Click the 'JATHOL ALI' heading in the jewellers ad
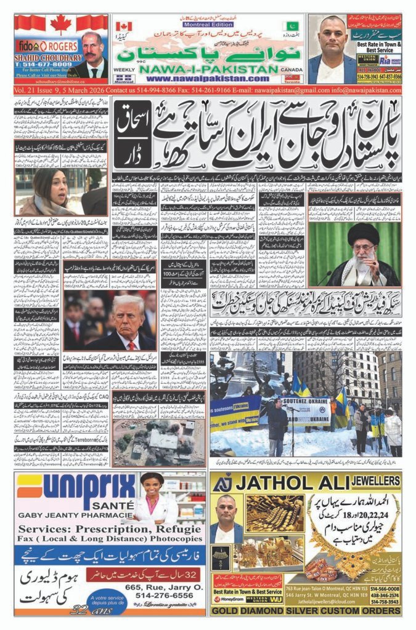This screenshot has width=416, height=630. click(295, 482)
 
